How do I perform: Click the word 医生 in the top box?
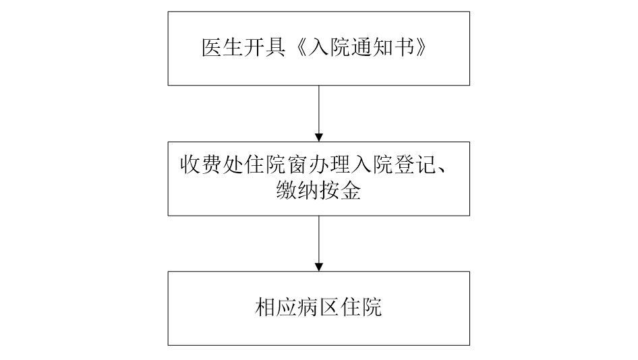(x=222, y=48)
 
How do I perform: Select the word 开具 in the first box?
(x=264, y=48)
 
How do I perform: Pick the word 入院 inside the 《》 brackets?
(x=328, y=48)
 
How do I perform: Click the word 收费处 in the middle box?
(x=212, y=164)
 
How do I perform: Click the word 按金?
(x=340, y=189)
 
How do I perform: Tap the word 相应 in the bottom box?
(x=276, y=307)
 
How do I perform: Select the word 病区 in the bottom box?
(x=318, y=307)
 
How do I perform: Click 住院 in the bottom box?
(x=361, y=307)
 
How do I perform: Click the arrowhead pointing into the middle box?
(x=319, y=138)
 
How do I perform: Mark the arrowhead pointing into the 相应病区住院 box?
(x=319, y=267)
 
